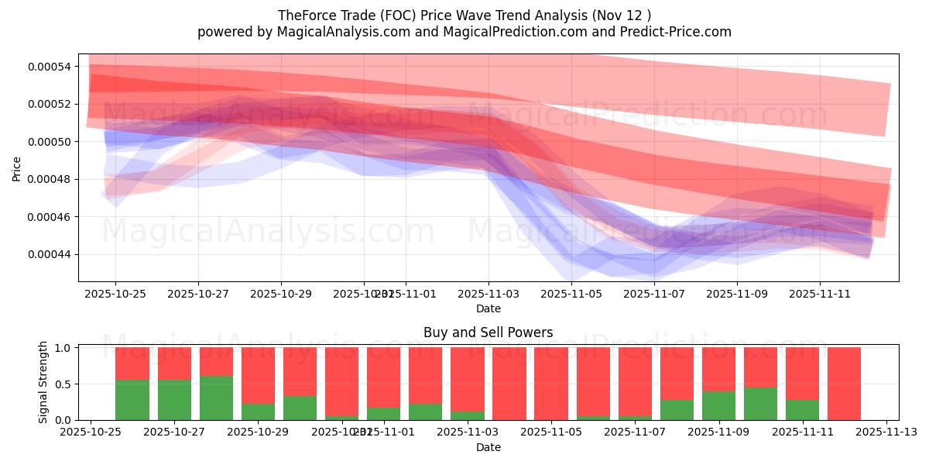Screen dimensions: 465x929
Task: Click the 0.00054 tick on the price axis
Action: pos(50,67)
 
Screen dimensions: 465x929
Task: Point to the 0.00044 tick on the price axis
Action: pos(50,254)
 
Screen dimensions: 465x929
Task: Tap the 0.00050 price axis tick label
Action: pos(50,142)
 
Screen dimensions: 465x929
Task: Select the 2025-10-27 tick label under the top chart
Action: pos(198,294)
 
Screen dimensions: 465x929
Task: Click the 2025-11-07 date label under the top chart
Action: pos(654,294)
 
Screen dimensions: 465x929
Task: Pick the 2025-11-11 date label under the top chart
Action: pos(820,294)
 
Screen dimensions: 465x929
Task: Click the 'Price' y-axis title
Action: pos(16,167)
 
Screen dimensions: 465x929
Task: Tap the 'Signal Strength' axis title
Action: pos(43,382)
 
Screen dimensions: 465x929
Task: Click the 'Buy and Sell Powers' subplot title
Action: pos(488,332)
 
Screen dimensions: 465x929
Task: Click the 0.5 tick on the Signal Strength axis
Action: pos(63,384)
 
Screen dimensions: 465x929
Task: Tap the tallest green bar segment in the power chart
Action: pos(216,398)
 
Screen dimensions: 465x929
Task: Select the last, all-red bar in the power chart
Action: pos(844,384)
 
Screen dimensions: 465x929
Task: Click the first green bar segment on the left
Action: pos(132,400)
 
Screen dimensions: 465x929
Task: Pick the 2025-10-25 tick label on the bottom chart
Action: pos(91,433)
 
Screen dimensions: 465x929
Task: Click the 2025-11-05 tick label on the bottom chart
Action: pos(551,433)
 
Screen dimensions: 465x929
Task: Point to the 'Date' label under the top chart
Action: pos(488,308)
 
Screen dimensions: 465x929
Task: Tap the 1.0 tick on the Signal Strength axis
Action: pos(63,348)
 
